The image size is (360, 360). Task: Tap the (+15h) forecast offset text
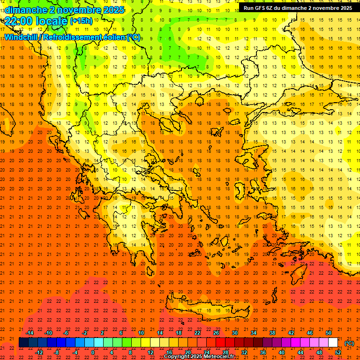pyautogui.click(x=82, y=21)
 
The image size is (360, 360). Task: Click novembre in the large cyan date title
pyautogui.click(x=80, y=9)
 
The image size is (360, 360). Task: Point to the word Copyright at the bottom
pyautogui.click(x=178, y=357)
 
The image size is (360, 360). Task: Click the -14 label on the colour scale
pyautogui.click(x=30, y=332)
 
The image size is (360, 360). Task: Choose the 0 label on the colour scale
pyautogui.click(x=93, y=352)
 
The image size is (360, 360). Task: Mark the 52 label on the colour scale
pyautogui.click(x=338, y=352)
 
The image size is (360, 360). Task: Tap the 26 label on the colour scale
pyautogui.click(x=216, y=332)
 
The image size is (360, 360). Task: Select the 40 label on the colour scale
pyautogui.click(x=282, y=352)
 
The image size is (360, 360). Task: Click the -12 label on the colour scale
pyautogui.click(x=39, y=352)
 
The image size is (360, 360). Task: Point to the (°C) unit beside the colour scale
pyautogui.click(x=349, y=343)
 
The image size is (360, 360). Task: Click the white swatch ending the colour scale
pyautogui.click(x=333, y=343)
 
